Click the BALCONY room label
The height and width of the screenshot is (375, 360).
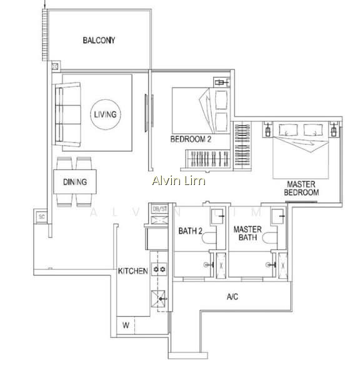point(99,40)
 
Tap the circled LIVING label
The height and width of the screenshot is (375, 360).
point(105,114)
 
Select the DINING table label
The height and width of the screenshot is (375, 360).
point(75,182)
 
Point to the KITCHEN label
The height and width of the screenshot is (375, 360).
point(132,271)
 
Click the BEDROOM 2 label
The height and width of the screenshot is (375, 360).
point(191,139)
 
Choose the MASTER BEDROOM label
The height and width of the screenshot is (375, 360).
point(301,188)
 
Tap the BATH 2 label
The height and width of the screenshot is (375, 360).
point(191,231)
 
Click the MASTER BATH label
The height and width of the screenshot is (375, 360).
point(247,233)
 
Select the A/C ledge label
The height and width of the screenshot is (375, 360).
point(232,297)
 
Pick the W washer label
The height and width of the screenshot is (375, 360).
point(126,325)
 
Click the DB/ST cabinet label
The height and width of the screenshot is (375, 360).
point(160,209)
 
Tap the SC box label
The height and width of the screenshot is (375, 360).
point(42,217)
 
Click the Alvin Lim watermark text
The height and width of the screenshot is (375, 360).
point(179,181)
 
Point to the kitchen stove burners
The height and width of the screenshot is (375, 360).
point(159,269)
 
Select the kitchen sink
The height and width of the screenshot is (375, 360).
point(158,298)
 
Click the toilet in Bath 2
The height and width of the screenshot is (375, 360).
point(209,237)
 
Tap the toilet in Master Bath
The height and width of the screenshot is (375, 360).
point(269,237)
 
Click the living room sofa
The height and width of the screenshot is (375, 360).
point(67,114)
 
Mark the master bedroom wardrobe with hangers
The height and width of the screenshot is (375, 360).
point(242,146)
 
